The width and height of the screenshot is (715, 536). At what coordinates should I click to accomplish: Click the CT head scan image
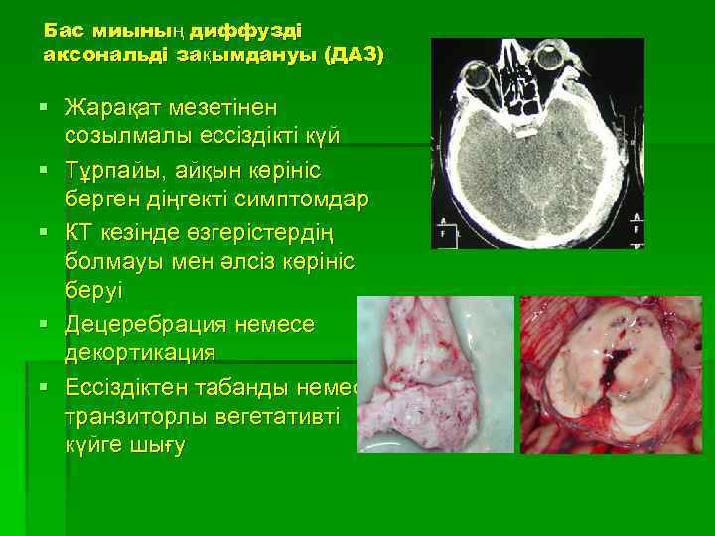click(537, 143)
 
